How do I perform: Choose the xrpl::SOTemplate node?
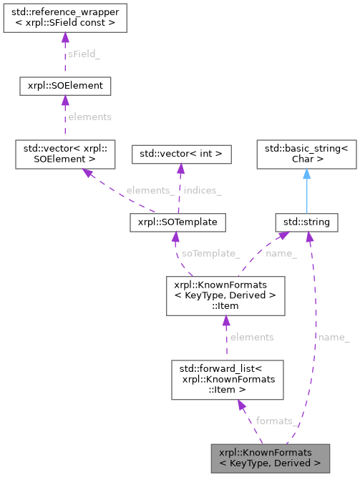[177, 222]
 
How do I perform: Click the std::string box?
[306, 222]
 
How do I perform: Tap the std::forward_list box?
[225, 379]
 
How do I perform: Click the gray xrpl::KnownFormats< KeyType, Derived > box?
[271, 458]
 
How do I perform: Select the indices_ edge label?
[203, 190]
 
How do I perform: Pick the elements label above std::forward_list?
[251, 337]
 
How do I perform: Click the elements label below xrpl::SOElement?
[89, 117]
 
